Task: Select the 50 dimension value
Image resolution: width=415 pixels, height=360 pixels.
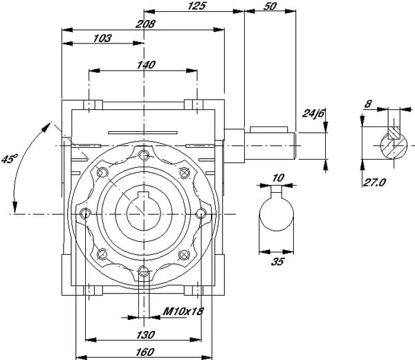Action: [270, 6]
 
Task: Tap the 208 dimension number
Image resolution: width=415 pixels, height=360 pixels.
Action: [146, 23]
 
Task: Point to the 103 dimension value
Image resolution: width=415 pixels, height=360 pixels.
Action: [102, 39]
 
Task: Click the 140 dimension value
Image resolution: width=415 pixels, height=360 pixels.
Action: [146, 64]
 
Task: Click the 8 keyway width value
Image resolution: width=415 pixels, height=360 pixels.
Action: [369, 105]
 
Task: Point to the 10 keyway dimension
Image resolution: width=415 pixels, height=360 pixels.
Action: [277, 178]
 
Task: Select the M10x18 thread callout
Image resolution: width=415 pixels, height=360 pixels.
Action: [183, 312]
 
